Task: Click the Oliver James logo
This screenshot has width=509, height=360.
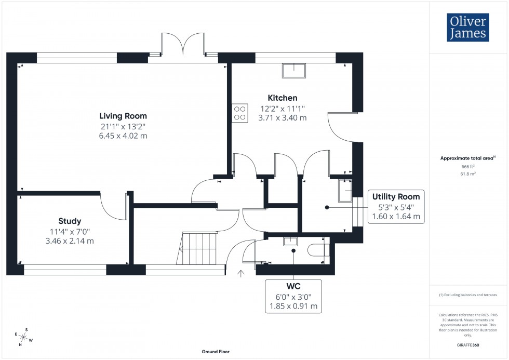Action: click(467, 28)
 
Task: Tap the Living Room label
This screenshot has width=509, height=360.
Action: click(123, 116)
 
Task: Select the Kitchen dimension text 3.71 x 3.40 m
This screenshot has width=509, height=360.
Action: click(283, 118)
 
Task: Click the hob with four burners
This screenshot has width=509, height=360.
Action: click(240, 113)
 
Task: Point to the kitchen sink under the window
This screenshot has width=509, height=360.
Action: click(294, 70)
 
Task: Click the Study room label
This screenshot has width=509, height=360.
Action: click(70, 221)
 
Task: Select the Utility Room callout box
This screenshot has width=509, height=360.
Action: click(396, 207)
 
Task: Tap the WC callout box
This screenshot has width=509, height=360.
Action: click(293, 296)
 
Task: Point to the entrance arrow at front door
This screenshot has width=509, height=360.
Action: click(241, 274)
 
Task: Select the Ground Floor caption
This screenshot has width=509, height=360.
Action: click(216, 352)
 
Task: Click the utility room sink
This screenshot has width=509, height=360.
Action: click(345, 191)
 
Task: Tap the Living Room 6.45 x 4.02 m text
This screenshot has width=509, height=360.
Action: click(123, 136)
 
